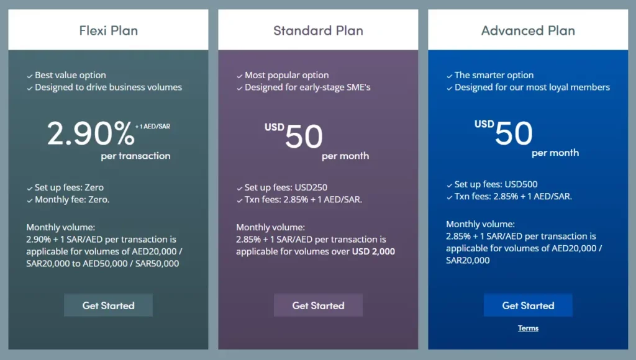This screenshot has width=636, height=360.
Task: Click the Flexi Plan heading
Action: click(x=108, y=30)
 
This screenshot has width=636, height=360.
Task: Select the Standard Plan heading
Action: click(x=318, y=30)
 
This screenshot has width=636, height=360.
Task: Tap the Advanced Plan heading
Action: click(x=528, y=30)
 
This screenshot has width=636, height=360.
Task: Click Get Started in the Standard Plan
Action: click(x=319, y=305)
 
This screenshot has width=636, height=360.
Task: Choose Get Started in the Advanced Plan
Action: click(x=528, y=305)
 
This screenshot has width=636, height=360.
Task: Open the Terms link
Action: click(x=528, y=328)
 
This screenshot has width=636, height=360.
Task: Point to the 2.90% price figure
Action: click(x=91, y=133)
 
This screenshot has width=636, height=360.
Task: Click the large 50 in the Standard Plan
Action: click(x=304, y=136)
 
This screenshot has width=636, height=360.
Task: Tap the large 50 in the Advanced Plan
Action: click(x=514, y=133)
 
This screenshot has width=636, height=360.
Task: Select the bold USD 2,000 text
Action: click(x=373, y=251)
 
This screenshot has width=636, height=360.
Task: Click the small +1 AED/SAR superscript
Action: click(x=153, y=127)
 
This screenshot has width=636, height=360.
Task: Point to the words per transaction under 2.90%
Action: click(x=135, y=156)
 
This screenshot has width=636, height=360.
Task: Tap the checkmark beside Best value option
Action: click(x=30, y=76)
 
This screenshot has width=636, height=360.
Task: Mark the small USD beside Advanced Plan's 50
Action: click(x=484, y=124)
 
